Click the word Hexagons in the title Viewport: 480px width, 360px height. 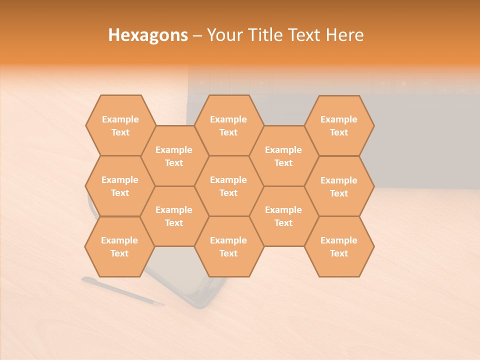point(148,35)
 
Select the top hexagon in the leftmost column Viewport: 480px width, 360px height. point(120,125)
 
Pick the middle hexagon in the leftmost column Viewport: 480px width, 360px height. point(120,186)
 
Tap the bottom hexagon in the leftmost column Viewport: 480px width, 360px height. point(119,246)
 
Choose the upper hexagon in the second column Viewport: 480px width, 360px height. point(174,156)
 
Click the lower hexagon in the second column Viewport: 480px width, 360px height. point(174,216)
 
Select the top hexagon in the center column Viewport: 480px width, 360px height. point(228,125)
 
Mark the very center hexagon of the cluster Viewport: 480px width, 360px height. point(228,186)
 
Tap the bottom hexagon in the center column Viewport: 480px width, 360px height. point(228,246)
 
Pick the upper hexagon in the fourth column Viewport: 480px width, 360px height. point(283,156)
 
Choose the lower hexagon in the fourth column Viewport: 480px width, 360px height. point(283,216)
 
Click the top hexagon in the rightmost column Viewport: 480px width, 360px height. point(339,125)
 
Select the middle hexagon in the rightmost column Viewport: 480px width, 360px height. point(339,186)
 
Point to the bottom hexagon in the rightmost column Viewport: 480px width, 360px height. point(339,246)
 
